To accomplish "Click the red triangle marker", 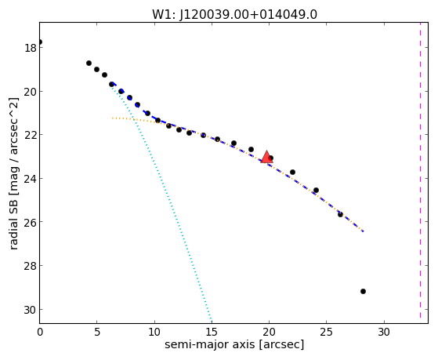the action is (266, 157).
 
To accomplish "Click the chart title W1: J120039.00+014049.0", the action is (234, 15).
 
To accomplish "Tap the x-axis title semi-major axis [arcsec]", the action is (234, 344).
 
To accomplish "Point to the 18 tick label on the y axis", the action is (30, 48).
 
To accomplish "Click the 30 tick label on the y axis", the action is (30, 310).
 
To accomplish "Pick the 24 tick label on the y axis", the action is (30, 179).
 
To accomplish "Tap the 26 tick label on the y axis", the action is (30, 222).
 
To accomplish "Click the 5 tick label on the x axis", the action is (96, 332).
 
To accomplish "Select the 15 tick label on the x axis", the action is (212, 332).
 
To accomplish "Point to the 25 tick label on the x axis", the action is (326, 332).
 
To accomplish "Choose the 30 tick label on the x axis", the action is (384, 332).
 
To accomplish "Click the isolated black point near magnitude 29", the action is (363, 292).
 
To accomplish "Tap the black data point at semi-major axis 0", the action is (40, 42).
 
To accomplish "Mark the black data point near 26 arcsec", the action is (340, 215).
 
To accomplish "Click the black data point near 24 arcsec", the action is (316, 191).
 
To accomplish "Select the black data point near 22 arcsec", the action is (292, 172).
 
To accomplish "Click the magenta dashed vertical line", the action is (420, 170).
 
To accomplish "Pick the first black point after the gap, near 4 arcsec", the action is (89, 64).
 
